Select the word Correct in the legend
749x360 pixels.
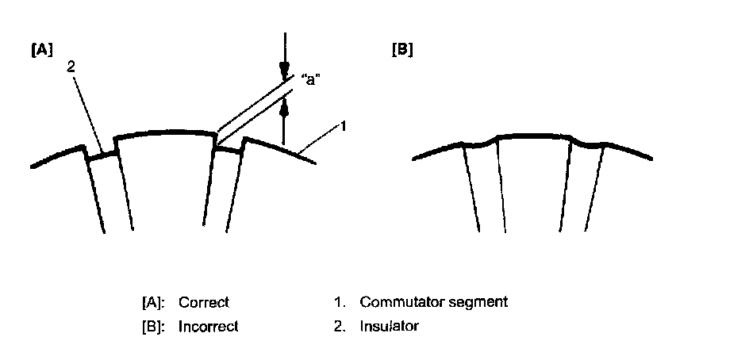click(203, 303)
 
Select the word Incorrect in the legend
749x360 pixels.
click(208, 326)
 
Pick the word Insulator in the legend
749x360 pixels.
click(389, 326)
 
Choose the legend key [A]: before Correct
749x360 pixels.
click(153, 303)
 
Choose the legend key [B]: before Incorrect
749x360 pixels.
click(153, 326)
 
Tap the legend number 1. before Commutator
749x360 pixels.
click(339, 302)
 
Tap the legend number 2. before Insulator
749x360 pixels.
click(339, 326)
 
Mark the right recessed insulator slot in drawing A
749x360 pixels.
click(229, 152)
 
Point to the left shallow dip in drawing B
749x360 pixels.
click(479, 144)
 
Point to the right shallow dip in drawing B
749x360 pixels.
click(588, 144)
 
